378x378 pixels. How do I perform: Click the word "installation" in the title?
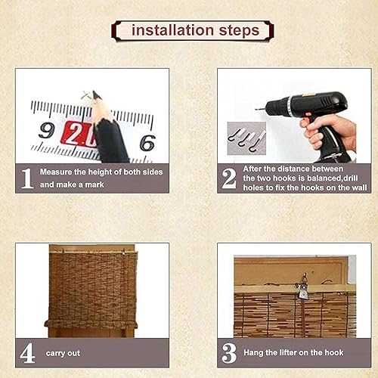pos(173,30)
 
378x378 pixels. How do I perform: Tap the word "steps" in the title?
pos(239,31)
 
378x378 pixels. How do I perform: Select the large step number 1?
pos(27,178)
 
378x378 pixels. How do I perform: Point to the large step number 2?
pos(229,178)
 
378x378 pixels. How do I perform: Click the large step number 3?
pos(229,353)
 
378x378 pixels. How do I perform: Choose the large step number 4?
pos(27,353)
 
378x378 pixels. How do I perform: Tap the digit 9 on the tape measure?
pos(47,130)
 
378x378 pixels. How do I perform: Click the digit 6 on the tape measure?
pos(147,143)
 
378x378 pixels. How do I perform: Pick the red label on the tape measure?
pos(79,134)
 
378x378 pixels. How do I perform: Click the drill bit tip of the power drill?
pos(256,109)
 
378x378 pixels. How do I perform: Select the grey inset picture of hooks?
pos(246,138)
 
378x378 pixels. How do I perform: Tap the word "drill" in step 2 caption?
pos(350,178)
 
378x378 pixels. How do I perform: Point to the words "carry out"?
pos(63,353)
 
